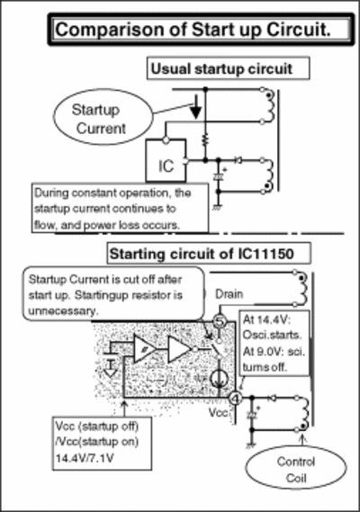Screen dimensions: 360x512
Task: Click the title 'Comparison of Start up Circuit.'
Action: pos(193,30)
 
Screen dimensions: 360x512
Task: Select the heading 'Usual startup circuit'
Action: pos(221,69)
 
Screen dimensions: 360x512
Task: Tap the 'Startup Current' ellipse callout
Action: pos(103,117)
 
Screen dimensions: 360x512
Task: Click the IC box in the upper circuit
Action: pos(166,160)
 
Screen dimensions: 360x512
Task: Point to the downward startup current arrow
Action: pos(196,107)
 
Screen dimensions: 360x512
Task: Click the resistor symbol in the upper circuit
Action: pos(205,140)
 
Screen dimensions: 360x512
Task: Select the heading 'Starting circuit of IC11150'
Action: pos(202,254)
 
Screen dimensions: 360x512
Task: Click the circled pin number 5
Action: pos(220,321)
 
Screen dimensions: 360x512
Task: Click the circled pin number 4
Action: pos(235,399)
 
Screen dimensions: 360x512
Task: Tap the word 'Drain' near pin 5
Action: pos(229,294)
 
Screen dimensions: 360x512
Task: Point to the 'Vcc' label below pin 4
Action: pos(218,413)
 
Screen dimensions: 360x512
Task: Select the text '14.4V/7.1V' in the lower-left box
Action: pos(85,458)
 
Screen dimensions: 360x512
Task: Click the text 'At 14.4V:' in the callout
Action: pos(266,319)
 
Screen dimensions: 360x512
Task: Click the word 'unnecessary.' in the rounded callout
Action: pos(63,310)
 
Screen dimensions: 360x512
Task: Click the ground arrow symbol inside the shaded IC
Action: pos(111,368)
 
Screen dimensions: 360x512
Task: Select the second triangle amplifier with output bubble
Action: pos(181,349)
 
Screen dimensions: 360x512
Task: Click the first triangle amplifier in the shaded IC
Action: pos(144,349)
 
